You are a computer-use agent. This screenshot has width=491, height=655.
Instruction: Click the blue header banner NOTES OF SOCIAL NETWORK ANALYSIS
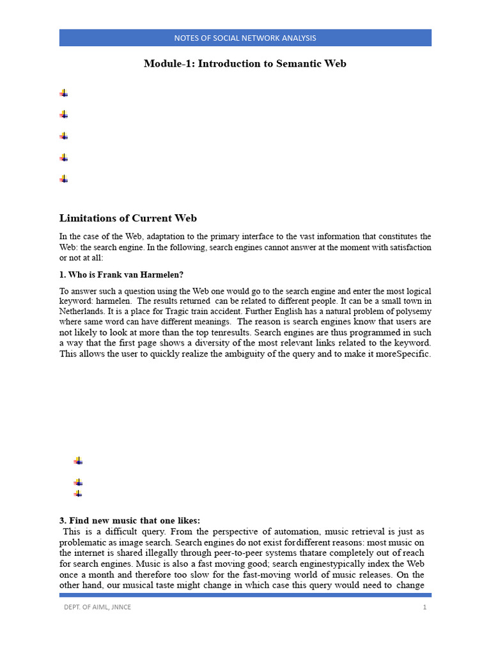point(245,38)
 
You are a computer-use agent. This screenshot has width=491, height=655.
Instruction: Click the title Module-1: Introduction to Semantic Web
point(245,63)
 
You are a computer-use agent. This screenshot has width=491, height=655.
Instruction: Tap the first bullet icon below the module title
point(64,93)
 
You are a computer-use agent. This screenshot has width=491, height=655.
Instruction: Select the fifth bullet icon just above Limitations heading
point(64,179)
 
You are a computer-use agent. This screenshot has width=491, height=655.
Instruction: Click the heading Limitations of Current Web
point(133,218)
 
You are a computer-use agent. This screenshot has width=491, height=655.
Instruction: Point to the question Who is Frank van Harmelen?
point(121,275)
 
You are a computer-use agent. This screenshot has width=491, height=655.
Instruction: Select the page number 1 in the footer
point(424,607)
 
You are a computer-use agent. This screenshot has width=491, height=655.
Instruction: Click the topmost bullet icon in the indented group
point(78,461)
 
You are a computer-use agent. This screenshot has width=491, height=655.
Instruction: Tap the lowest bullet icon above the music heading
point(78,493)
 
